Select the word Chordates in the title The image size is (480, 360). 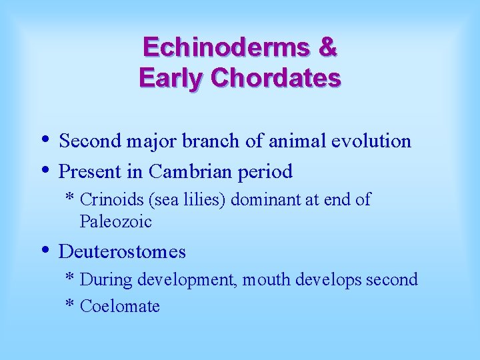click(275, 78)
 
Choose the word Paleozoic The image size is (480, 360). click(115, 221)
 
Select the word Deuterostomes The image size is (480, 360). click(122, 251)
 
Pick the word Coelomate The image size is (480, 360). click(119, 306)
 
